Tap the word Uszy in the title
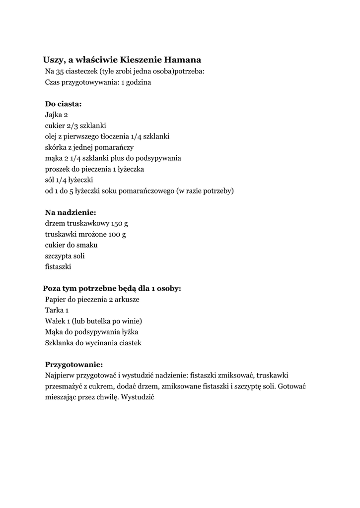[x=52, y=60]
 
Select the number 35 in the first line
[x=61, y=71]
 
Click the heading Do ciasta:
[x=64, y=104]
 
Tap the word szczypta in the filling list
[x=58, y=256]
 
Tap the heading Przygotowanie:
[x=74, y=365]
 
